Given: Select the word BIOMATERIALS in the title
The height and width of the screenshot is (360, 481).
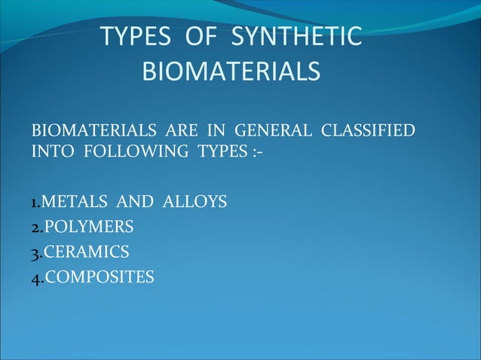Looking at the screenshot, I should point(231,72).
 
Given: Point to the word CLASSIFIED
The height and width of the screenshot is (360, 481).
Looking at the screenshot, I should point(368,130).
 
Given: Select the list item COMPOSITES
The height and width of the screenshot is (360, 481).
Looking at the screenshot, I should point(99,278).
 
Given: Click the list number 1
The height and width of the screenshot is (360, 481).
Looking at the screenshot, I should point(34,203).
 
